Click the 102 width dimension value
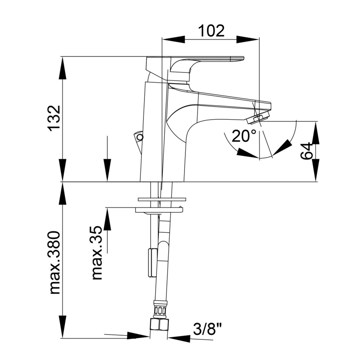[x=211, y=31]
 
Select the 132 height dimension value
[x=54, y=119]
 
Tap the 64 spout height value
[x=306, y=151]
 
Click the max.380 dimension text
[x=55, y=263]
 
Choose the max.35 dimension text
[x=97, y=252]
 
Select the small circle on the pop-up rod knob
[x=139, y=137]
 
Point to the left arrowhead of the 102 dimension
[x=173, y=39]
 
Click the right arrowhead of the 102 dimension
[x=248, y=39]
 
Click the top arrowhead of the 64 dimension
[x=315, y=133]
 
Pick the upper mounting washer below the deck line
[x=162, y=199]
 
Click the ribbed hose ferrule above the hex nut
[x=160, y=310]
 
